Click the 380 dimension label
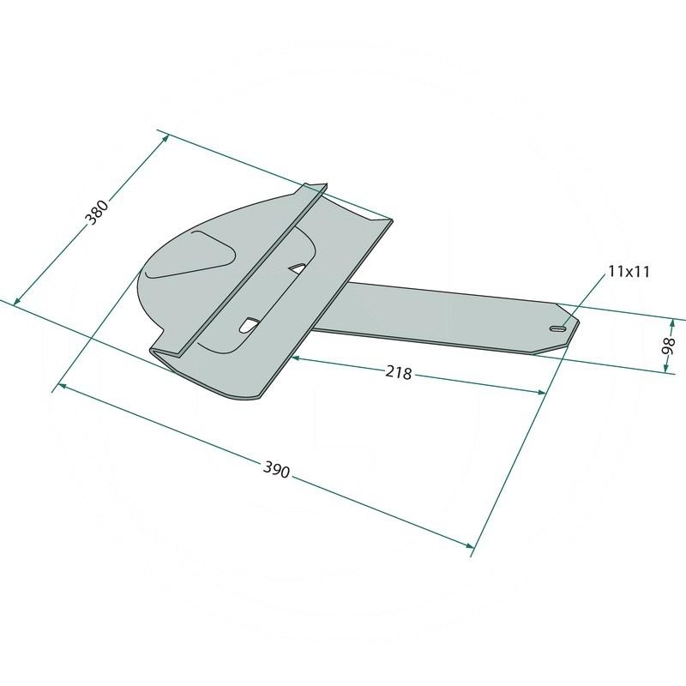click(98, 212)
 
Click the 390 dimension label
click(276, 469)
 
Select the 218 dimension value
click(399, 372)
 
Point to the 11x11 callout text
click(629, 272)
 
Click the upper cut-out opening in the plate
click(298, 268)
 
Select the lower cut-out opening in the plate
click(249, 324)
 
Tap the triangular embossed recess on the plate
click(190, 255)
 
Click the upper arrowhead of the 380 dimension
click(165, 137)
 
